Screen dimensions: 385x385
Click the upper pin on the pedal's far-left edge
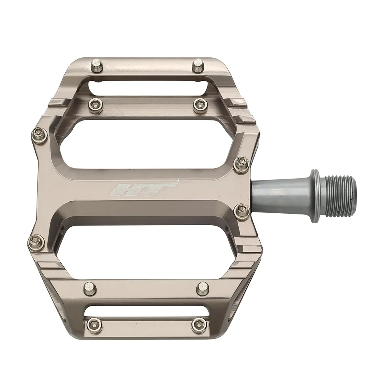tap(38, 134)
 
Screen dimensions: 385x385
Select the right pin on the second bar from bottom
tap(202, 287)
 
